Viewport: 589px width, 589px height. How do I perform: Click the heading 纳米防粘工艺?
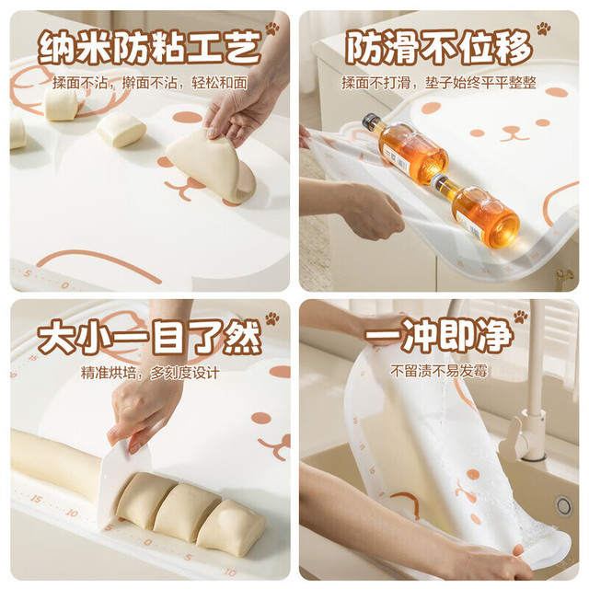[x=149, y=48]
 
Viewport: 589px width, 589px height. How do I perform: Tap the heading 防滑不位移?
[x=439, y=48]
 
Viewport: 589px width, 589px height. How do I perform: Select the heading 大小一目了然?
[x=149, y=337]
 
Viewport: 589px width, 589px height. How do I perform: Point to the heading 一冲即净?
[x=439, y=335]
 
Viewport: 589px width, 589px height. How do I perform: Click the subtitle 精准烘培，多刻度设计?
[x=150, y=373]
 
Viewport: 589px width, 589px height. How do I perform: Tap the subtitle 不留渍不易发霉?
[x=439, y=371]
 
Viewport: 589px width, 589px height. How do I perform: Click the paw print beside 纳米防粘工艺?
[x=272, y=29]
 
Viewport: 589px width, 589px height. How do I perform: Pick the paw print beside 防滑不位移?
[x=543, y=29]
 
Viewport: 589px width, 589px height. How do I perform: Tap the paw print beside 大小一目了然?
[x=272, y=318]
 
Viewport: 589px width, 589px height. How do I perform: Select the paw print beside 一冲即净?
[x=521, y=317]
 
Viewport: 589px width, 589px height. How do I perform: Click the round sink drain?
[x=563, y=505]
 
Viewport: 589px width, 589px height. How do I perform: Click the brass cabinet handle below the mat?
[x=564, y=277]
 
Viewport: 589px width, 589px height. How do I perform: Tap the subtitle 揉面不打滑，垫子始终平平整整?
[x=439, y=83]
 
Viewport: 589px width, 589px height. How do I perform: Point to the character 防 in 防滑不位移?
[x=364, y=48]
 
